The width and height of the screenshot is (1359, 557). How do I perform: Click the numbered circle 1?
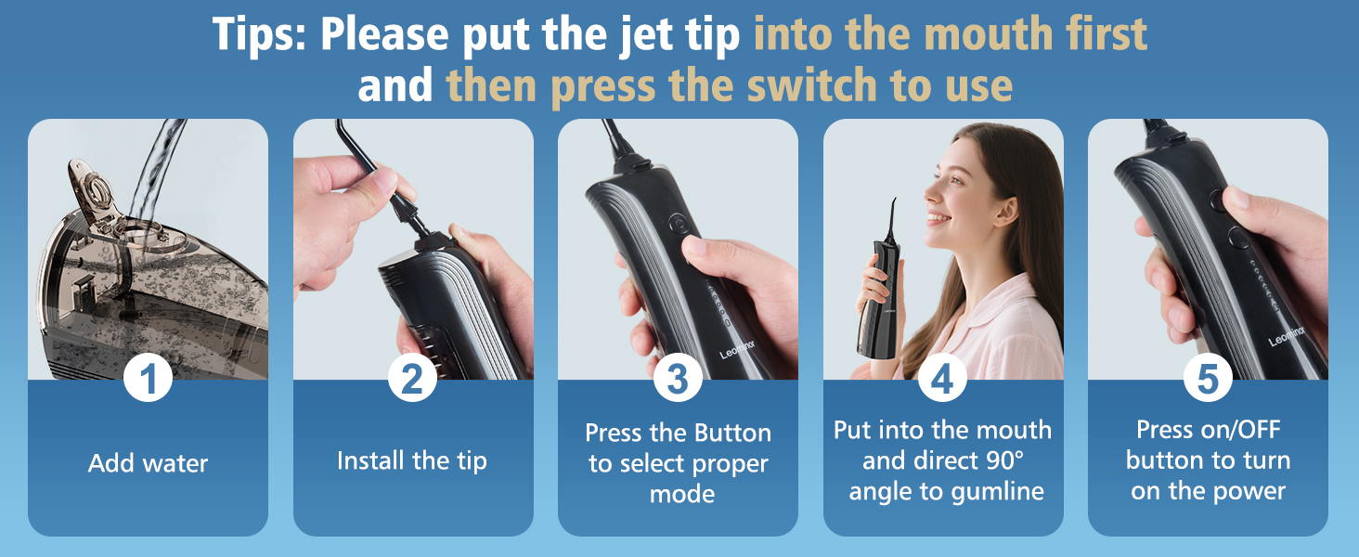[x=148, y=379]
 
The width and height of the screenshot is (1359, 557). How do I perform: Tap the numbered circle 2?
[x=412, y=379]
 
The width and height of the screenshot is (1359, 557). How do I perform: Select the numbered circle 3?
[x=678, y=379]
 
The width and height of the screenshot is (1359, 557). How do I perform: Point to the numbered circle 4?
[x=942, y=379]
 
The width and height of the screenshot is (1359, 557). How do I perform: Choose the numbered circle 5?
[x=1208, y=379]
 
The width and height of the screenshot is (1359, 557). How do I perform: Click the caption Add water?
[x=148, y=463]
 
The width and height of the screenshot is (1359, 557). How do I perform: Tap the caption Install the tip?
[x=412, y=460]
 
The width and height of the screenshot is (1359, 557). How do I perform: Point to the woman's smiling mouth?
[x=939, y=218]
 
